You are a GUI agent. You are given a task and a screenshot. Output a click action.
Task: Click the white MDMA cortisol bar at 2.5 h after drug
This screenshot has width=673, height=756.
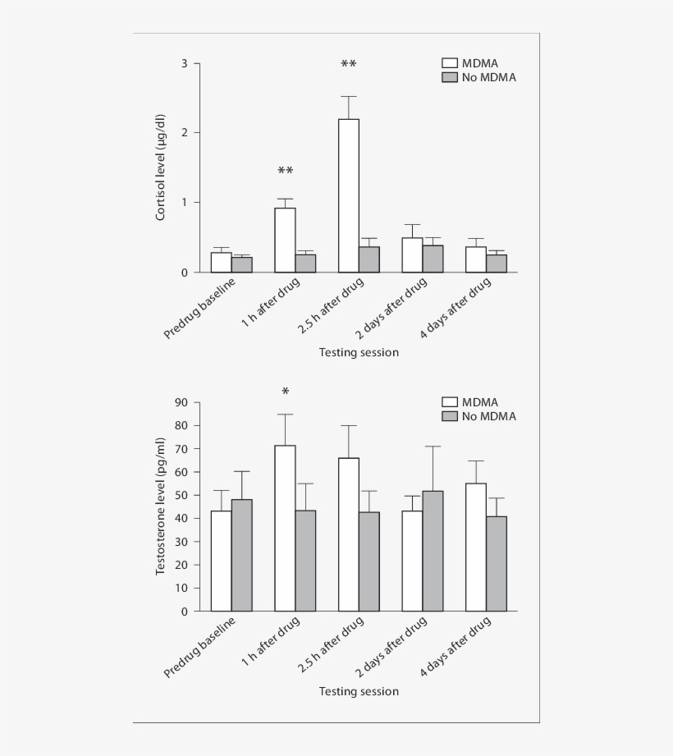coord(349,195)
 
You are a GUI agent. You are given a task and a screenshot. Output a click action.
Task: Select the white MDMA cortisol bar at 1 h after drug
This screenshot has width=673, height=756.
coord(285,240)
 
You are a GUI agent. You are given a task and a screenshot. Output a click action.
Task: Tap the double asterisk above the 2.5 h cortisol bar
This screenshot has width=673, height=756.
coord(349,65)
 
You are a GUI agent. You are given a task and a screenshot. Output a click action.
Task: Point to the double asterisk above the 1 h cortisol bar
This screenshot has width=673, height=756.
coord(285,172)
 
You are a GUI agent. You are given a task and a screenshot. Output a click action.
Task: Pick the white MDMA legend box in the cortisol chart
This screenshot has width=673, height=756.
coord(449,63)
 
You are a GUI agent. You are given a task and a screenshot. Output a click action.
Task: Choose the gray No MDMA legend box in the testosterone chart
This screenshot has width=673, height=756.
coord(449,416)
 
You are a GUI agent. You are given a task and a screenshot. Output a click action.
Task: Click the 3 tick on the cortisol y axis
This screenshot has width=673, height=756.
coord(185,63)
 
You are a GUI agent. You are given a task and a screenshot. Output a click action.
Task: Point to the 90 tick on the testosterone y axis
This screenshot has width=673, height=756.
coord(181,402)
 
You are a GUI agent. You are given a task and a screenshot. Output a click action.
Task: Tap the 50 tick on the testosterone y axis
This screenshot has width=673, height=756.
coord(181,495)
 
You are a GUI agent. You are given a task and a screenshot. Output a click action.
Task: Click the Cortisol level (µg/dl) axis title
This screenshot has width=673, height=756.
coord(162,167)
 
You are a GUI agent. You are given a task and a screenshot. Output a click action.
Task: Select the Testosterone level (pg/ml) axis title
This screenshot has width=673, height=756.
coord(162,506)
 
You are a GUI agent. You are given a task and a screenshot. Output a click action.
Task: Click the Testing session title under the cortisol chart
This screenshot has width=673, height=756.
coord(359,352)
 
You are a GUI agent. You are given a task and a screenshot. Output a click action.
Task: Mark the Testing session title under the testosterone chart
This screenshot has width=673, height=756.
coord(359,691)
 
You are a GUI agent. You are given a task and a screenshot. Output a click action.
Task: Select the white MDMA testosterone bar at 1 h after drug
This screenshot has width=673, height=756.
coord(285,528)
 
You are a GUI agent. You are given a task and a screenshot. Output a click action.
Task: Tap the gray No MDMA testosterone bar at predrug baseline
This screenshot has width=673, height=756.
coord(241,555)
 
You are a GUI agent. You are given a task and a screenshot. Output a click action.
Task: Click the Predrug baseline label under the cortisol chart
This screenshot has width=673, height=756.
coord(202,308)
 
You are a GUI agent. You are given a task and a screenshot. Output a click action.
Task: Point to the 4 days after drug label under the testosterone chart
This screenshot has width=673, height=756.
coord(456,646)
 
